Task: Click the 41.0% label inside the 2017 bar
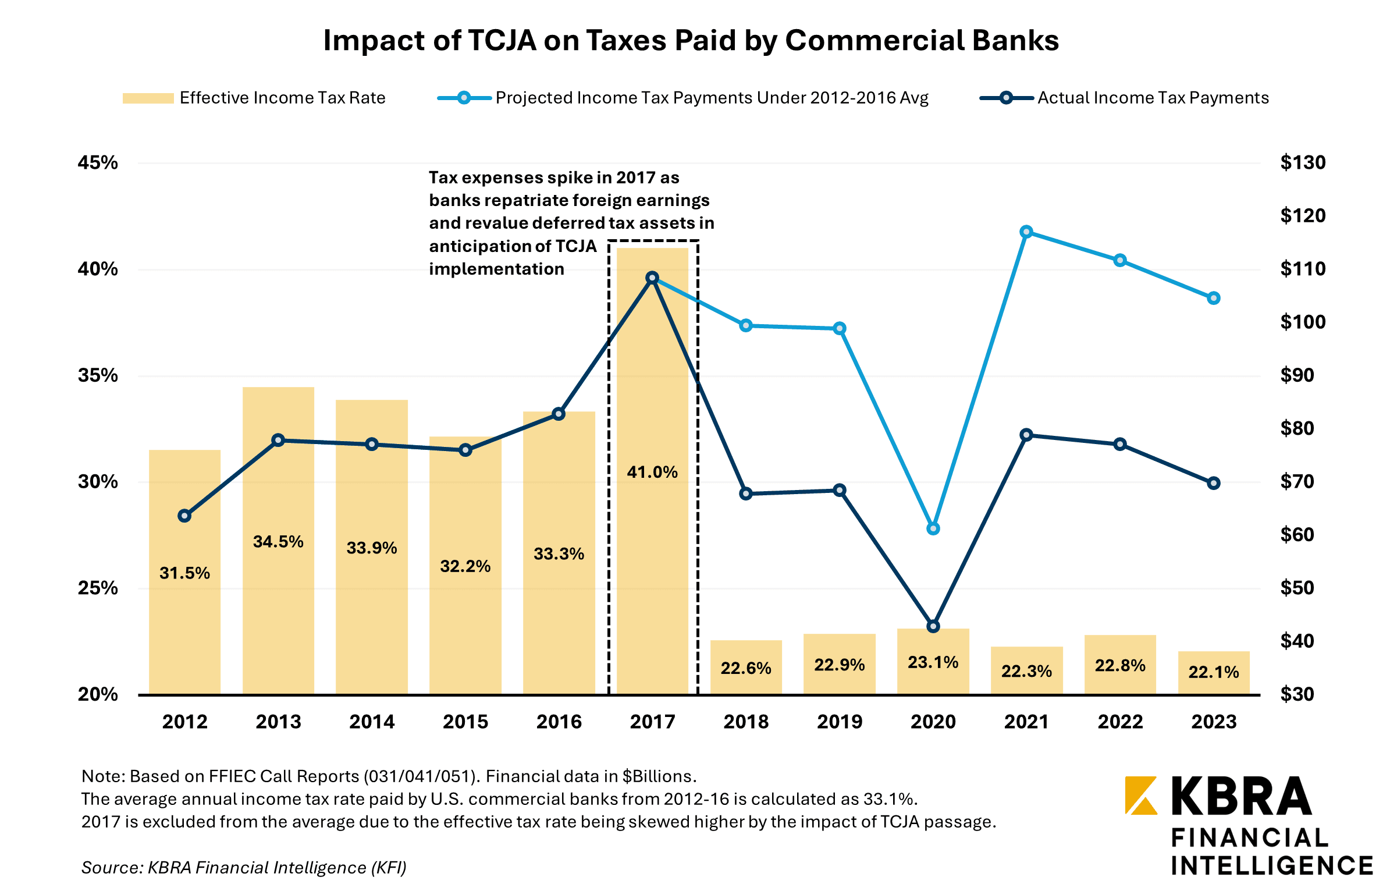[652, 472]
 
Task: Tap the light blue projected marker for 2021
[1026, 232]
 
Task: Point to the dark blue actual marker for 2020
[933, 626]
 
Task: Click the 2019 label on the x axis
[839, 722]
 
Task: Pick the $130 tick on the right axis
[1302, 162]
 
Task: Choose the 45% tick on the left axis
[98, 162]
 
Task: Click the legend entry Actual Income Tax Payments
[1153, 98]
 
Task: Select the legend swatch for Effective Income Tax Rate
[148, 98]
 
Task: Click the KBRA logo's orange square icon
[1140, 795]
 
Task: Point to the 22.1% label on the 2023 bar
[1213, 672]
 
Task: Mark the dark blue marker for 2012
[184, 516]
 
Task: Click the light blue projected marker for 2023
[1213, 298]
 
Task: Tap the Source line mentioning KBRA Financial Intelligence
[244, 867]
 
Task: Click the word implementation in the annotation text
[496, 269]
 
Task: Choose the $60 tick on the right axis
[1297, 534]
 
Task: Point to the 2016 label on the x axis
[559, 722]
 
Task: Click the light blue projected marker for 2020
[933, 528]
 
